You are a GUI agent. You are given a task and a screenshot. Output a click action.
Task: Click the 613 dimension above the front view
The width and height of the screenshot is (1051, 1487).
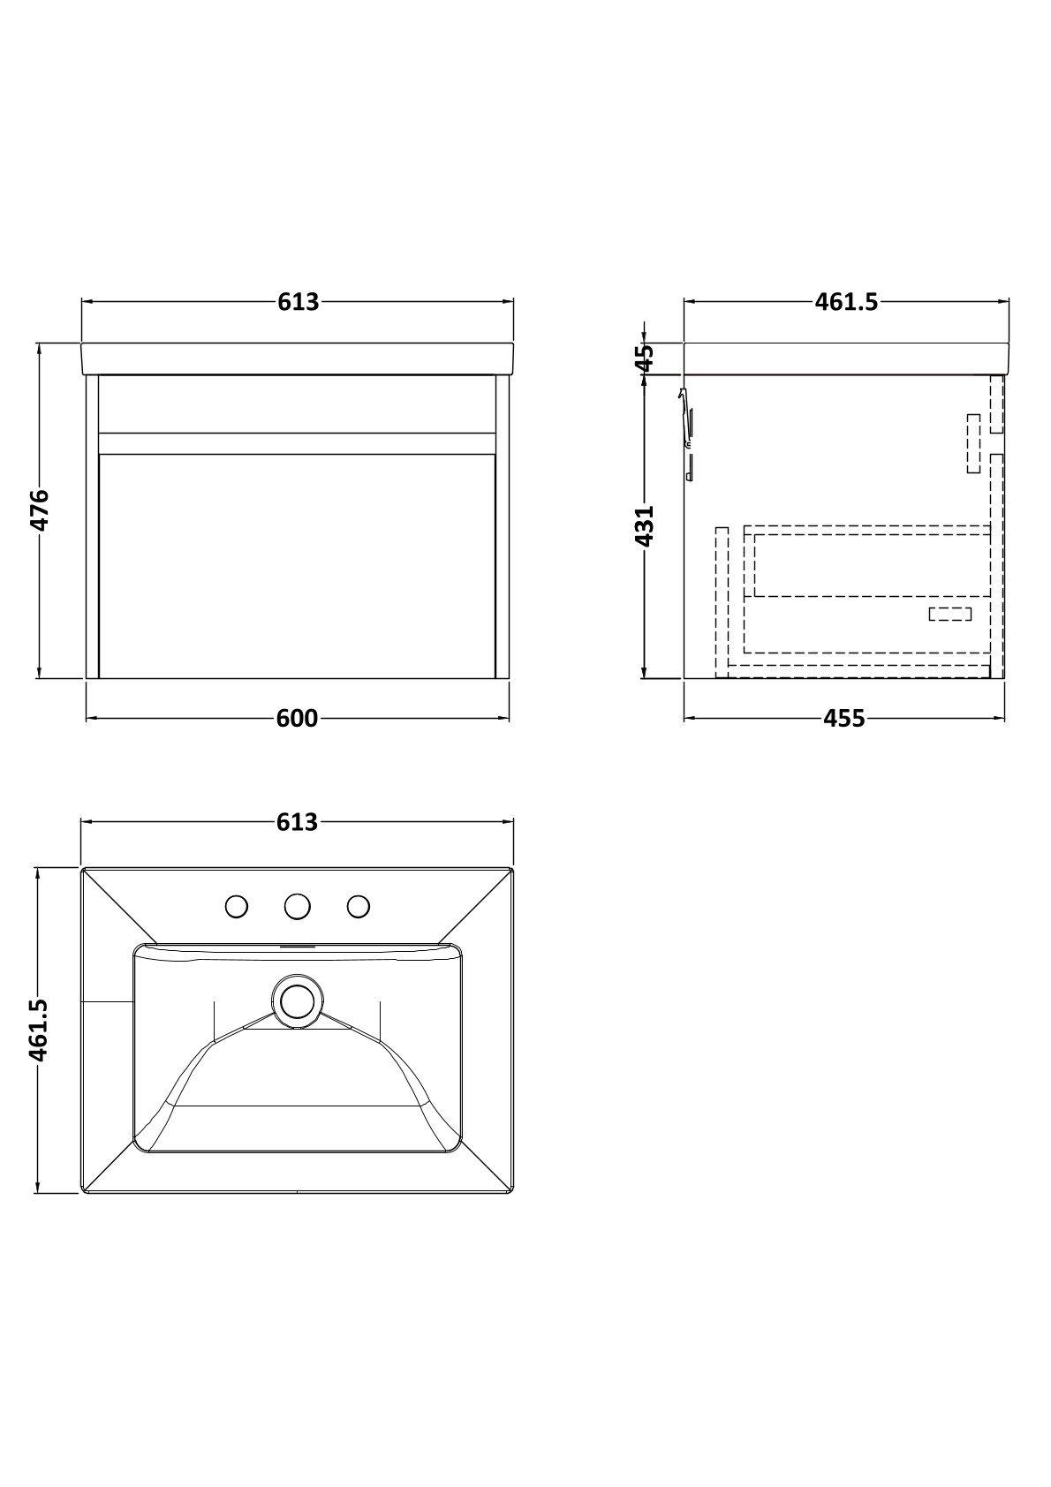299,302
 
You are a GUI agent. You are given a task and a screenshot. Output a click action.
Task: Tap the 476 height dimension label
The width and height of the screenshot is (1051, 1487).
40,510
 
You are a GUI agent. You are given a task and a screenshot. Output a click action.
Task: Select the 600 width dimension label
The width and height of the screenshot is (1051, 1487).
298,718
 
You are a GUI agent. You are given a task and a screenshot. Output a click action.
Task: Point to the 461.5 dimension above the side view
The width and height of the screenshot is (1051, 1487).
846,302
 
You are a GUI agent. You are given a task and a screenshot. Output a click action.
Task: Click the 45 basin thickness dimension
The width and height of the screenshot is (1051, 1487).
644,359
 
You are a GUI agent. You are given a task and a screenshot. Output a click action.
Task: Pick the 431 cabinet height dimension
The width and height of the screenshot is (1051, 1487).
644,525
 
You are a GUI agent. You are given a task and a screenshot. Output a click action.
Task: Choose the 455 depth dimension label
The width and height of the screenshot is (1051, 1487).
843,718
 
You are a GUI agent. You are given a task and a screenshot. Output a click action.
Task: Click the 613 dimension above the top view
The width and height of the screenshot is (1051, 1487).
298,822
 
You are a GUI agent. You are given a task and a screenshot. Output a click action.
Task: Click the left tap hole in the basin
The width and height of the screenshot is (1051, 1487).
237,906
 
